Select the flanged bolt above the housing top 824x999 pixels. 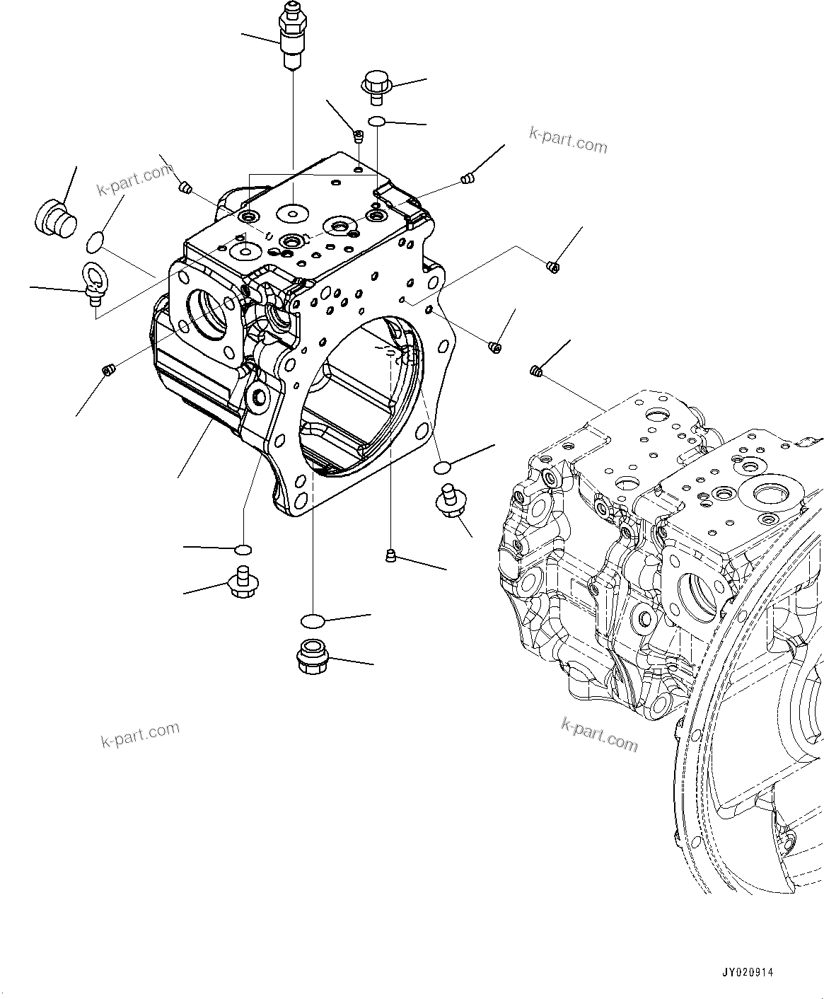point(376,85)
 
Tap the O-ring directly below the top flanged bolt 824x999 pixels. point(376,122)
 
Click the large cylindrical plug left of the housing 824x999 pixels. point(54,216)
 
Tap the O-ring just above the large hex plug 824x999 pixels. point(312,621)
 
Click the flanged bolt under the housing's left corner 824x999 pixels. point(242,582)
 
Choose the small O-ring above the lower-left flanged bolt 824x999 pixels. point(243,549)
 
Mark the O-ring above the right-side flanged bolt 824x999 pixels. point(441,466)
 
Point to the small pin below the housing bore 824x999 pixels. point(390,556)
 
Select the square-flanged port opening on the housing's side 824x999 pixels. point(209,311)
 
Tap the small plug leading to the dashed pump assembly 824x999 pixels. point(536,371)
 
